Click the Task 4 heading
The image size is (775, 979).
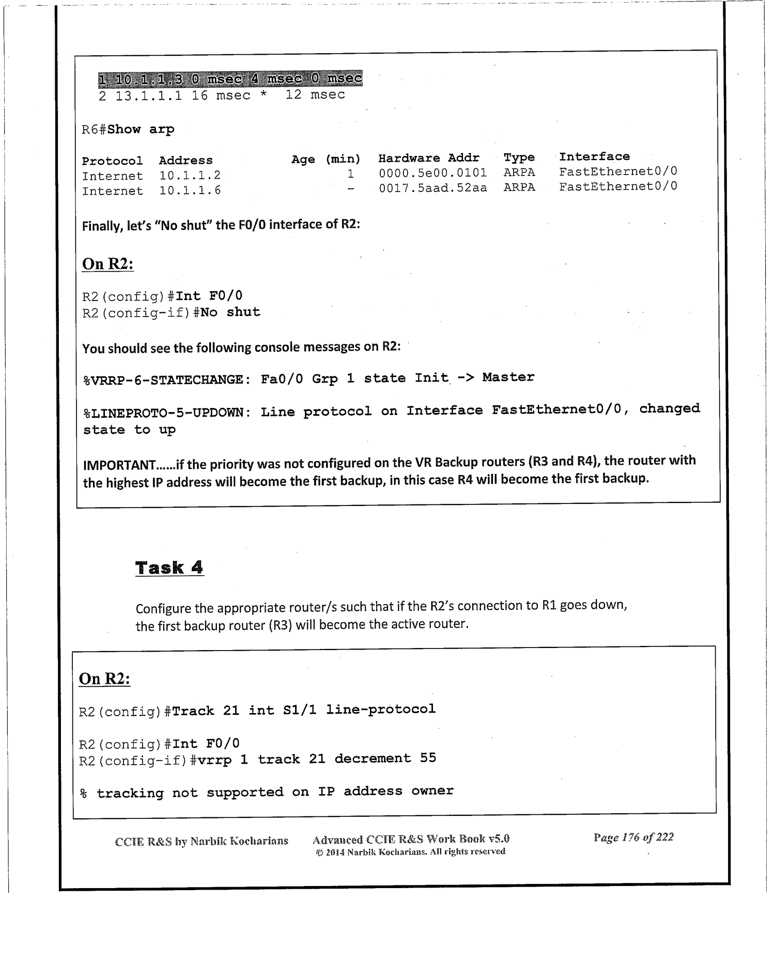click(x=169, y=567)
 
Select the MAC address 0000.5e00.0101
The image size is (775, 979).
click(x=432, y=172)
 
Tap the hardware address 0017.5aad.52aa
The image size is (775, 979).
click(x=432, y=187)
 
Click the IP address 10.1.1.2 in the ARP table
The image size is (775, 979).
click(x=190, y=176)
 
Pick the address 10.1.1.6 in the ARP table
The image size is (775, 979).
click(x=190, y=191)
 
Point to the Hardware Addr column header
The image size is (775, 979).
click(x=428, y=158)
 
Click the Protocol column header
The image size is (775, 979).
click(x=112, y=161)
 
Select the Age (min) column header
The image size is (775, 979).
click(x=326, y=159)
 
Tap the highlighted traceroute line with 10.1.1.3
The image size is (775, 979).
click(x=230, y=79)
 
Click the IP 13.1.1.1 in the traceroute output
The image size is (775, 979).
click(x=148, y=96)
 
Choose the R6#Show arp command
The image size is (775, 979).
click(x=128, y=129)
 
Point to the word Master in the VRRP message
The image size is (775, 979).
click(x=508, y=377)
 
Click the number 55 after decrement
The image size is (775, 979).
click(x=428, y=758)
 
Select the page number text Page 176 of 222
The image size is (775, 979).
click(x=633, y=837)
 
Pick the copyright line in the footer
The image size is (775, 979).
click(x=410, y=851)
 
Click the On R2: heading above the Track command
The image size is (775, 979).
click(x=104, y=678)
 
